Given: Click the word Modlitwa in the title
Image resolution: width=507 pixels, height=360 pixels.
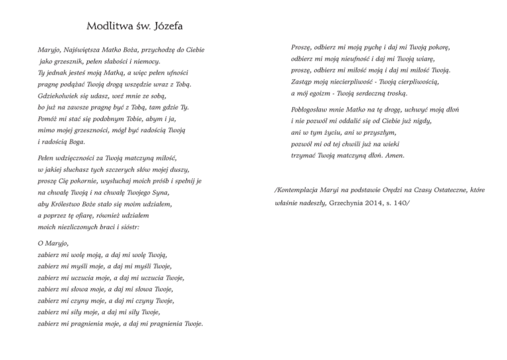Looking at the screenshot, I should pos(108,28).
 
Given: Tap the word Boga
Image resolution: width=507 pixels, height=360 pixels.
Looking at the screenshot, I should pos(76,141).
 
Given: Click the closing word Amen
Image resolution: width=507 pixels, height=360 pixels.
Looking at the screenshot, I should pos(393,156).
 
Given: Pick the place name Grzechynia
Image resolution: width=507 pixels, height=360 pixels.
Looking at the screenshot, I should pos(351,201).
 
